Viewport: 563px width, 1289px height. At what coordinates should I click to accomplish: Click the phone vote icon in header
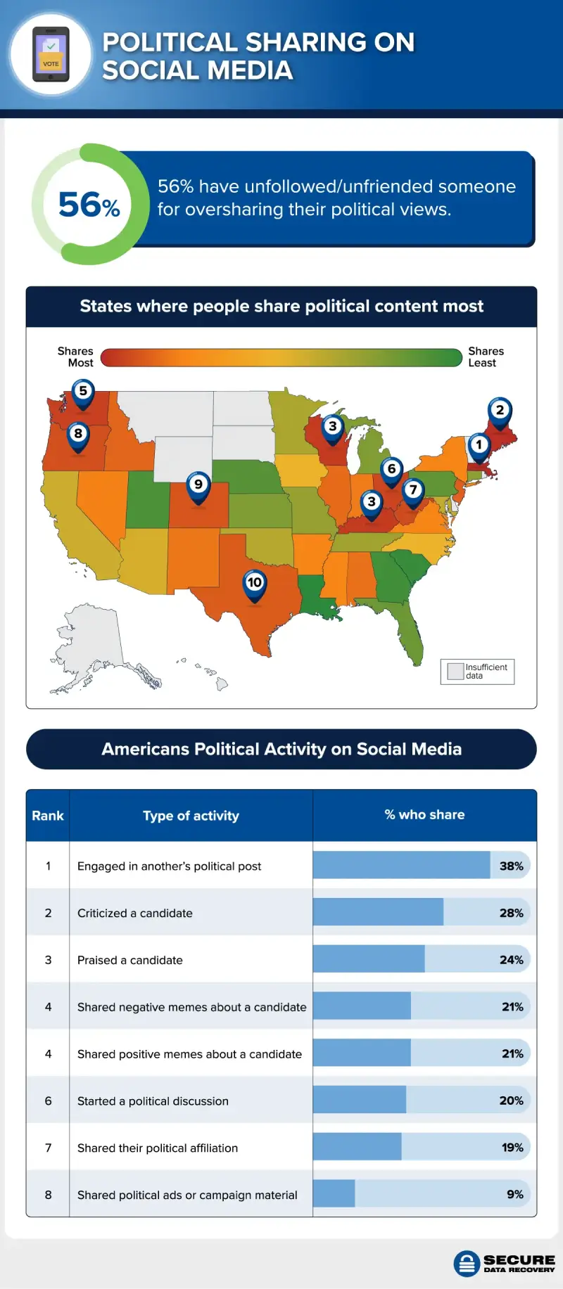tap(51, 54)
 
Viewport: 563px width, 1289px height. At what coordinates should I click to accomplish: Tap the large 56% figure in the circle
tap(89, 205)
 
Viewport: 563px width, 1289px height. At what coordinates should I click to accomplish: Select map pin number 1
tap(479, 446)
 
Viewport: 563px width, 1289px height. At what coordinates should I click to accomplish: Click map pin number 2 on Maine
tap(500, 411)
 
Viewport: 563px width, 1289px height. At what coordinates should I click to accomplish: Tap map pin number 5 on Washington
tap(83, 392)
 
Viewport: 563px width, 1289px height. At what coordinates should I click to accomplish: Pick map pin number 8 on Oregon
tap(78, 435)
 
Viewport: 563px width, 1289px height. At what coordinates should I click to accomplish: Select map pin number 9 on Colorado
tap(198, 485)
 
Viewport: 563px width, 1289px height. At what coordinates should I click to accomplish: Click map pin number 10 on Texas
tap(255, 583)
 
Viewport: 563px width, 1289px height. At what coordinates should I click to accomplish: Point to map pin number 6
tap(392, 470)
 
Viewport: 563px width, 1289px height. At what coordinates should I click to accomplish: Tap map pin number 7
tap(413, 491)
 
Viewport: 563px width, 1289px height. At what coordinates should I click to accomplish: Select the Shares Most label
tap(75, 357)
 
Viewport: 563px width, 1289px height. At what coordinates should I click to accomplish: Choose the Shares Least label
tap(486, 357)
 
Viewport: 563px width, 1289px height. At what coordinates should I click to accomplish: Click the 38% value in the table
tap(511, 866)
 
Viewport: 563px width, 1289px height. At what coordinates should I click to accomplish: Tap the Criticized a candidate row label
tap(134, 913)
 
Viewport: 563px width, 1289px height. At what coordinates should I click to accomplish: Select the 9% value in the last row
tap(514, 1194)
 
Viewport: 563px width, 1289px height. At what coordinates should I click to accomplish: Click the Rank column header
tap(47, 816)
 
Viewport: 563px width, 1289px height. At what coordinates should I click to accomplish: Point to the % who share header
tap(424, 814)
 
